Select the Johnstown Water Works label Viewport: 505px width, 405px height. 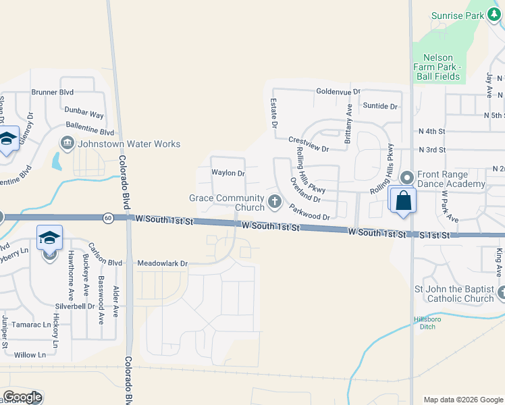pyautogui.click(x=129, y=144)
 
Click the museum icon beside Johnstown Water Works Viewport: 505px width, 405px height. pyautogui.click(x=68, y=143)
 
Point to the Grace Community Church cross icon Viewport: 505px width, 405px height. pyautogui.click(x=275, y=200)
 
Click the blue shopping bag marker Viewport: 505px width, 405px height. pyautogui.click(x=403, y=200)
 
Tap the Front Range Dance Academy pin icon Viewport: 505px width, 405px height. pyautogui.click(x=406, y=178)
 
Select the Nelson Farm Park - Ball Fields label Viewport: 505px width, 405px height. pyautogui.click(x=442, y=63)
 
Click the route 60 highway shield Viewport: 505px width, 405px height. pyautogui.click(x=108, y=218)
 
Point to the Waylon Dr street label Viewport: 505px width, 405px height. pyautogui.click(x=228, y=173)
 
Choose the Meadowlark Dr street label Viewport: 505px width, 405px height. pyautogui.click(x=162, y=263)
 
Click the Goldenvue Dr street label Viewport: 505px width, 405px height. pyautogui.click(x=338, y=91)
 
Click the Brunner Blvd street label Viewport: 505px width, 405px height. pyautogui.click(x=52, y=92)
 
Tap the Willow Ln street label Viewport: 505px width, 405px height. pyautogui.click(x=30, y=354)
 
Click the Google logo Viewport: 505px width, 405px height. pyautogui.click(x=22, y=397)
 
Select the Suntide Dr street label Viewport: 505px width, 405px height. pyautogui.click(x=379, y=106)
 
